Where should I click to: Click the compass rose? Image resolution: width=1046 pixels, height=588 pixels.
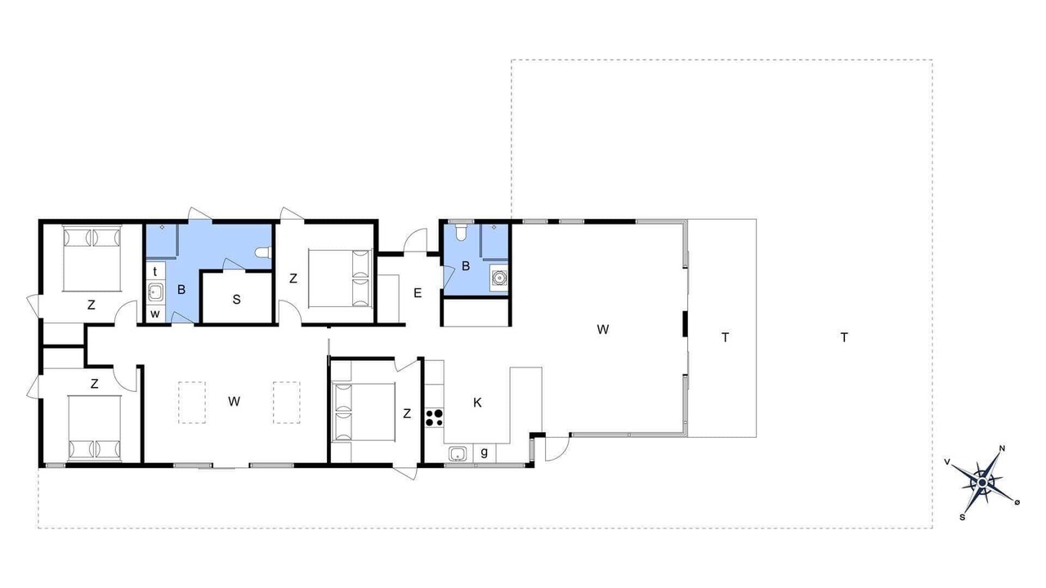tap(982, 483)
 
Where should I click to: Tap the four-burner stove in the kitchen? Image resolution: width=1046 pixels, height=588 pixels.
tap(434, 417)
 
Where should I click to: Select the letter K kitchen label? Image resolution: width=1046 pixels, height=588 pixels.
tap(477, 403)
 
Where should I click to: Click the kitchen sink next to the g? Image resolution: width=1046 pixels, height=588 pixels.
tap(458, 453)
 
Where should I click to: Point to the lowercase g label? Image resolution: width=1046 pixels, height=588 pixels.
tap(485, 452)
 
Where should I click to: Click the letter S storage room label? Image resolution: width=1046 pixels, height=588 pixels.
tap(237, 300)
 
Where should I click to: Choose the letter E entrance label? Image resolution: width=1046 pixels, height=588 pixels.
tap(418, 293)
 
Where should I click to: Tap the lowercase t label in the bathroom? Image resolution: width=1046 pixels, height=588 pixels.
tap(155, 272)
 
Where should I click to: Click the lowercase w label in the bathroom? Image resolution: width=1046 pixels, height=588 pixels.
tap(155, 314)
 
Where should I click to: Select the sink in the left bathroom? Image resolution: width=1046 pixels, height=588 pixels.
tap(155, 292)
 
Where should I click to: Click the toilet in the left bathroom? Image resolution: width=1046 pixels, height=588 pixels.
tap(263, 252)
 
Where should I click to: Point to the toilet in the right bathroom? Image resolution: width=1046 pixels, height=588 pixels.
tap(461, 232)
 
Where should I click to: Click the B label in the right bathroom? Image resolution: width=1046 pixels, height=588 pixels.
tap(466, 266)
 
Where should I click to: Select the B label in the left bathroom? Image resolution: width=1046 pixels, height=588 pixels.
tap(181, 290)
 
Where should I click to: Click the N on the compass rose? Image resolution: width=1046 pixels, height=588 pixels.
tap(1002, 448)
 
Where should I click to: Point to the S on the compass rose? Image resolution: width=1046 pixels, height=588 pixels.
tap(963, 517)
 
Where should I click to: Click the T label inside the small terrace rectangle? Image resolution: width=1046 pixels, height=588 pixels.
tap(725, 337)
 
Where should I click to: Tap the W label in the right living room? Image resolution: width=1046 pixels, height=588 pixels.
tap(603, 329)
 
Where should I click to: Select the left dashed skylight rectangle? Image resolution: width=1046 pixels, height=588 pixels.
tap(192, 403)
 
